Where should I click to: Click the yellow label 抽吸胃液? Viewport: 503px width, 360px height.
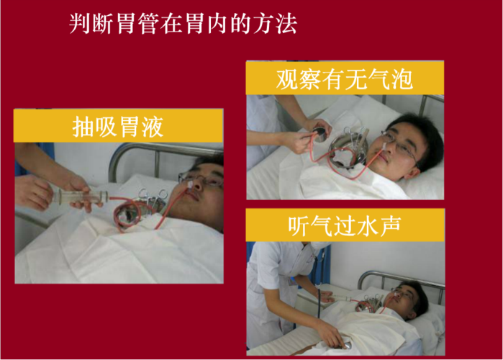(118, 127)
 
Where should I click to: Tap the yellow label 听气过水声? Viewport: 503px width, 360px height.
(345, 225)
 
